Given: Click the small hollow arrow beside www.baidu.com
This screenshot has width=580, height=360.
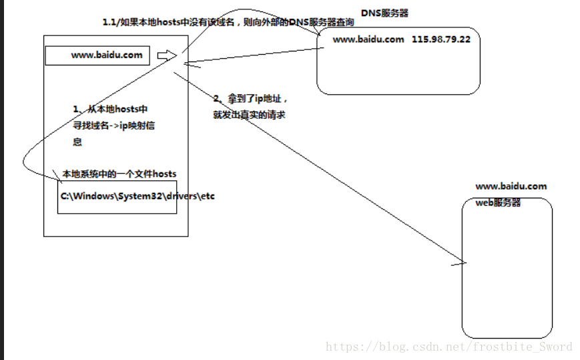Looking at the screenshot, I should click(166, 55).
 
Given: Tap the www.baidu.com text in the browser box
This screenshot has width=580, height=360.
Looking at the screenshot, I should click(107, 55).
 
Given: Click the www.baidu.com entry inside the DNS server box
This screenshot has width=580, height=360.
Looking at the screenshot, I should click(368, 39).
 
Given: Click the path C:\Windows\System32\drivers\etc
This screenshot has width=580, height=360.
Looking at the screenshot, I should click(138, 196).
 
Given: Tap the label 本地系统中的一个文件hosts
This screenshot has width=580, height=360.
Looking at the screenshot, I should click(119, 174).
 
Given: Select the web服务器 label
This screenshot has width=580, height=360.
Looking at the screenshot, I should click(498, 202).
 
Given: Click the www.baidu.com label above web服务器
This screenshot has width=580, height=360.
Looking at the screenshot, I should click(511, 186).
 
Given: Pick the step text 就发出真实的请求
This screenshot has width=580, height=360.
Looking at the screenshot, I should click(250, 114).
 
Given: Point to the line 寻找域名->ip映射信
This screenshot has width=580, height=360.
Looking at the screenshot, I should click(113, 126).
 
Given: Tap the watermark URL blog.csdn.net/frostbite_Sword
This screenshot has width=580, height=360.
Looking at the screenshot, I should click(449, 347).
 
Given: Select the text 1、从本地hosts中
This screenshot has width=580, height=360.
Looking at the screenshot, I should click(110, 109).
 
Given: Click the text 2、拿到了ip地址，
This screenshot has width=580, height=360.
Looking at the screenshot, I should click(250, 99).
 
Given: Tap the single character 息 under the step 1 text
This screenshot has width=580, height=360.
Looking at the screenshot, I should click(77, 142).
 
